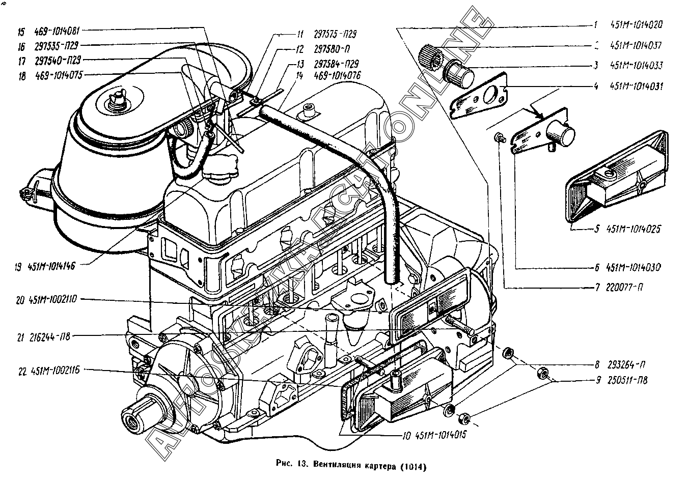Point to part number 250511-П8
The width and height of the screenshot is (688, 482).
(x=628, y=380)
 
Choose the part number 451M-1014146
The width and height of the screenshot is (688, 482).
(x=52, y=266)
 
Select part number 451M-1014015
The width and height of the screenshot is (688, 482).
(x=441, y=435)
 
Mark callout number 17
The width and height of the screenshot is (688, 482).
(x=21, y=60)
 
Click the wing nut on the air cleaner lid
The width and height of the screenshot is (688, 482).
(x=116, y=96)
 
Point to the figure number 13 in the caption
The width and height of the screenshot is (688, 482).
(x=301, y=463)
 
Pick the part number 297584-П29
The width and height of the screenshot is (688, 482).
(x=336, y=64)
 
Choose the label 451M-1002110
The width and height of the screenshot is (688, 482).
(x=53, y=300)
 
